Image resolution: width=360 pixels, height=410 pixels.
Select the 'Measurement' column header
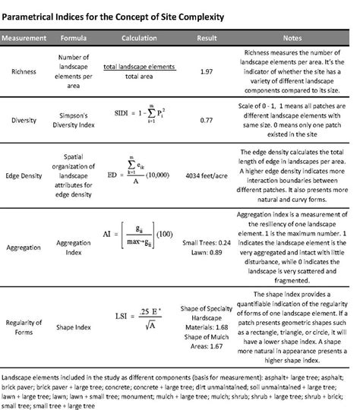(28, 37)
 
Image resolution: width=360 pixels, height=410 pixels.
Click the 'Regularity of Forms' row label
(29, 326)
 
